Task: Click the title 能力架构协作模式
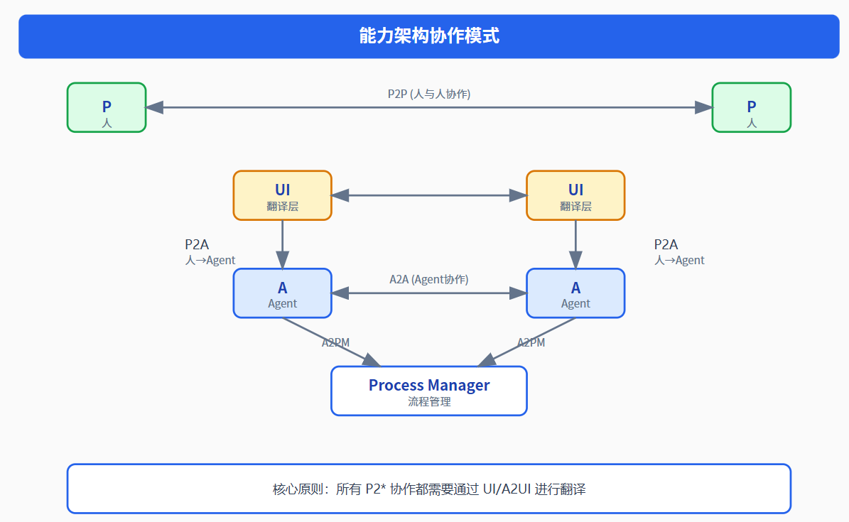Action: [x=429, y=36]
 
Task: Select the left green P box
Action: [x=107, y=108]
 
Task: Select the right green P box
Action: [x=751, y=108]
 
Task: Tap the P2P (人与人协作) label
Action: [x=429, y=94]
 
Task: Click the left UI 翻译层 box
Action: [x=283, y=195]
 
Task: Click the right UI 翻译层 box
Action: [x=575, y=195]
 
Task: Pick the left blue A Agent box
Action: [x=283, y=293]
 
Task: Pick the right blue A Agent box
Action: [x=575, y=293]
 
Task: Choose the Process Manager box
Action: [x=429, y=391]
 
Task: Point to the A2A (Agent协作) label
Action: [x=429, y=279]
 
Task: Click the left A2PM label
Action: [x=335, y=342]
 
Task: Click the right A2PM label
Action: [x=531, y=342]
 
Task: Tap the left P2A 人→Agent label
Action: [x=210, y=252]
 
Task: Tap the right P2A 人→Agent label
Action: [x=679, y=252]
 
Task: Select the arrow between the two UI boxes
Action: [x=429, y=195]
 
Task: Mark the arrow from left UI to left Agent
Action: [x=283, y=244]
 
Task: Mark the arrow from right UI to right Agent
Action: [x=575, y=244]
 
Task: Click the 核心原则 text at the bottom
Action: [x=429, y=489]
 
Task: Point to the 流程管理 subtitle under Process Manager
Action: [x=429, y=401]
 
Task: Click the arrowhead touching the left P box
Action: [x=154, y=107]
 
